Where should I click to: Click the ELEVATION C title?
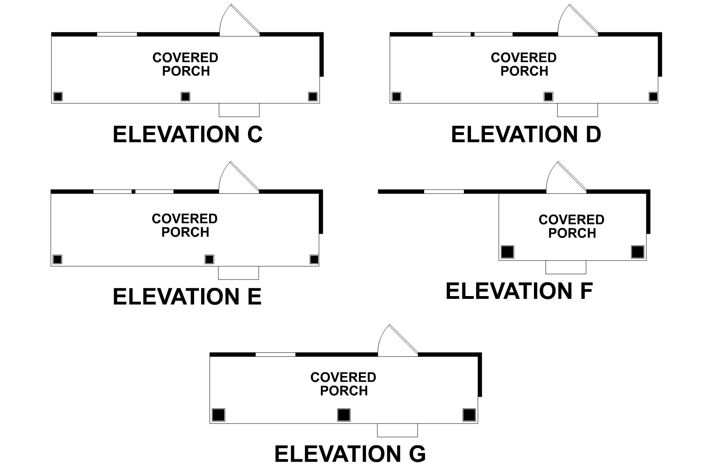[187, 135]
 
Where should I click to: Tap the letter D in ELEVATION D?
[593, 135]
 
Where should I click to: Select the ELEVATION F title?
[519, 291]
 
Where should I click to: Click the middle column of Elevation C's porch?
[185, 97]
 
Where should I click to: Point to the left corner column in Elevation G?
[219, 415]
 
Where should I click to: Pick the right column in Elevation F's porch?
[637, 252]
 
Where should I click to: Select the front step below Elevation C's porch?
[239, 110]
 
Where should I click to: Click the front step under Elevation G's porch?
[397, 430]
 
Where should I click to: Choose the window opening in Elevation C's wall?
[117, 34]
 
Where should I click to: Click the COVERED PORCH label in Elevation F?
[572, 226]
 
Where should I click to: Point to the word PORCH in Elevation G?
[344, 391]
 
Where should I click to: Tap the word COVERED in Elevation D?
[524, 58]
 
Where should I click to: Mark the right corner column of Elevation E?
[314, 259]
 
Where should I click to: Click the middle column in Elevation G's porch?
[344, 415]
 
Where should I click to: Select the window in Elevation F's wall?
[444, 192]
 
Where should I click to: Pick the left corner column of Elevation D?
[396, 97]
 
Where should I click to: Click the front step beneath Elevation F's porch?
[566, 267]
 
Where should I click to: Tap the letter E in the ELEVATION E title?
[254, 297]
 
